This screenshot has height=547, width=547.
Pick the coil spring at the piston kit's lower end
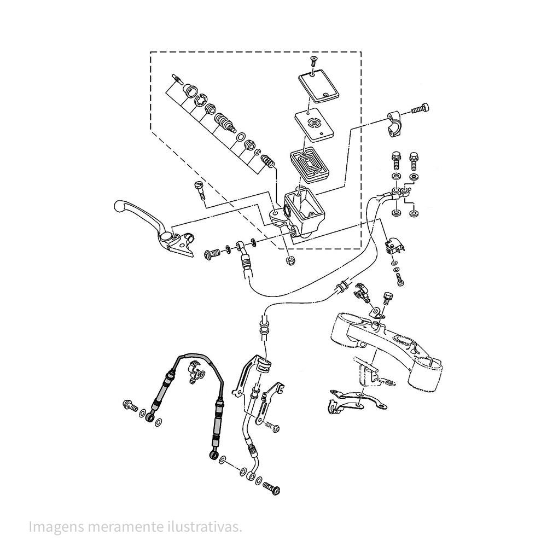(267, 162)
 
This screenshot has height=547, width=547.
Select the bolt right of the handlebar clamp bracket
(419, 108)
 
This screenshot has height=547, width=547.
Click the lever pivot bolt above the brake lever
(198, 191)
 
